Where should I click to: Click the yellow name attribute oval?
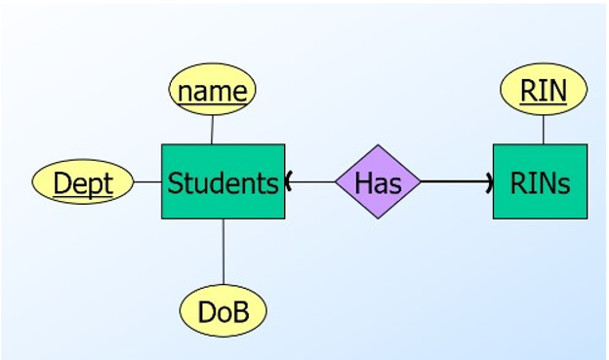213,91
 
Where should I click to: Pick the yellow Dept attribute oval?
83,182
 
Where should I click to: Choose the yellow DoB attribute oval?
223,311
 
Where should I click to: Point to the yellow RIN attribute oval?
544,91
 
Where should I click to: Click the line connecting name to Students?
212,129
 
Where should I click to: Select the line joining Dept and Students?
147,181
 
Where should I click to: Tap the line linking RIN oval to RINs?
544,129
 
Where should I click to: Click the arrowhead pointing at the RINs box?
489,181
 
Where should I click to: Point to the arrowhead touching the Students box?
289,181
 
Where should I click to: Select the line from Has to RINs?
454,181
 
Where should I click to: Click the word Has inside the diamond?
378,182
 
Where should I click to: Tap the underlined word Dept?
83,183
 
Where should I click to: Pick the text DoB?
223,312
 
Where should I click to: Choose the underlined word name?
213,92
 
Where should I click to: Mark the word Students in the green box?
223,183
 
